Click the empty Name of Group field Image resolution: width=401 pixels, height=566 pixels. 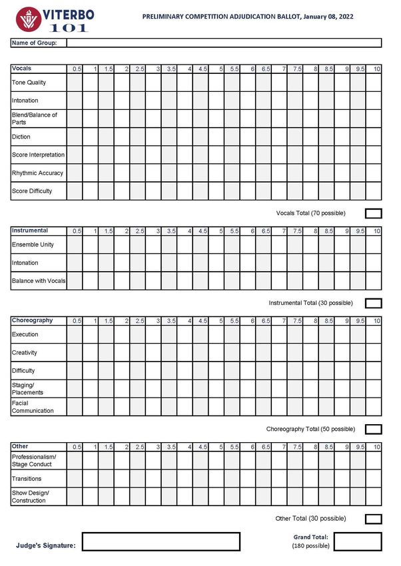click(x=224, y=43)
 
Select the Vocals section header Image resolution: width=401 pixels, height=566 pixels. click(x=22, y=69)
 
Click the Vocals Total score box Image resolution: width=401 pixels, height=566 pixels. click(x=374, y=213)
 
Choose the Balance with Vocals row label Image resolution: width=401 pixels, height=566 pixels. click(x=39, y=281)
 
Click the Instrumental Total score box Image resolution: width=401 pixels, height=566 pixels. click(x=374, y=303)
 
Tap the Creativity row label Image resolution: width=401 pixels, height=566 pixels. click(x=25, y=352)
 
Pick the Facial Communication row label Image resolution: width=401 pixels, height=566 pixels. click(x=33, y=407)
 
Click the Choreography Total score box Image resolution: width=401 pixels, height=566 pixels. click(x=374, y=429)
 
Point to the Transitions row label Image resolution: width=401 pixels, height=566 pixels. click(x=27, y=479)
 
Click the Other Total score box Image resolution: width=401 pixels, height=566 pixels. click(x=374, y=519)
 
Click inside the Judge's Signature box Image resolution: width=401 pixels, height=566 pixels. click(x=161, y=541)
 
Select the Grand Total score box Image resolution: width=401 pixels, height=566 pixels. click(x=358, y=541)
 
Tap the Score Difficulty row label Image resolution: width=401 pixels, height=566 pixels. click(x=31, y=191)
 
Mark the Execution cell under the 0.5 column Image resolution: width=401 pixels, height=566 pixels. click(x=74, y=334)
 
